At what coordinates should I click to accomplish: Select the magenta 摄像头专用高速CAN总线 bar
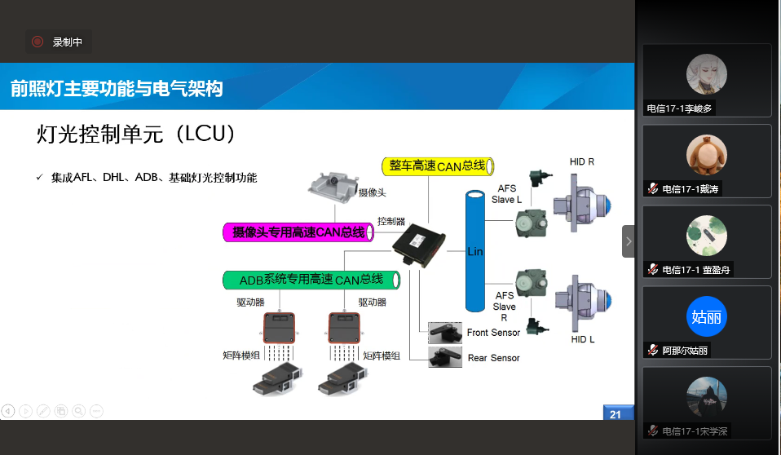pyautogui.click(x=298, y=232)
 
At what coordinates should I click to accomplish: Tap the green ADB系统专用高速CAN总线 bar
pyautogui.click(x=311, y=280)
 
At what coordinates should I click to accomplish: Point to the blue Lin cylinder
pyautogui.click(x=474, y=251)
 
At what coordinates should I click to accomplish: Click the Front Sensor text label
pyautogui.click(x=493, y=333)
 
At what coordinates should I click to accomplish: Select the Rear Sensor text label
pyautogui.click(x=493, y=358)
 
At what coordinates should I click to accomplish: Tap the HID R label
pyautogui.click(x=582, y=161)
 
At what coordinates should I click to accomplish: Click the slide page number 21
pyautogui.click(x=616, y=414)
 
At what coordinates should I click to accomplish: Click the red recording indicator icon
pyautogui.click(x=38, y=42)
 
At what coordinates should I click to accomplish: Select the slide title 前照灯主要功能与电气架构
pyautogui.click(x=117, y=88)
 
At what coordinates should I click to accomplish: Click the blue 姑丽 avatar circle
pyautogui.click(x=707, y=317)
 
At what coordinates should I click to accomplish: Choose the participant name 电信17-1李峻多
pyautogui.click(x=681, y=108)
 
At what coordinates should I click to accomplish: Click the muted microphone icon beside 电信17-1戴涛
pyautogui.click(x=652, y=188)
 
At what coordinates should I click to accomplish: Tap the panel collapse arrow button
pyautogui.click(x=629, y=241)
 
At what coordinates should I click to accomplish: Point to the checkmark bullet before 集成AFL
pyautogui.click(x=39, y=177)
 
